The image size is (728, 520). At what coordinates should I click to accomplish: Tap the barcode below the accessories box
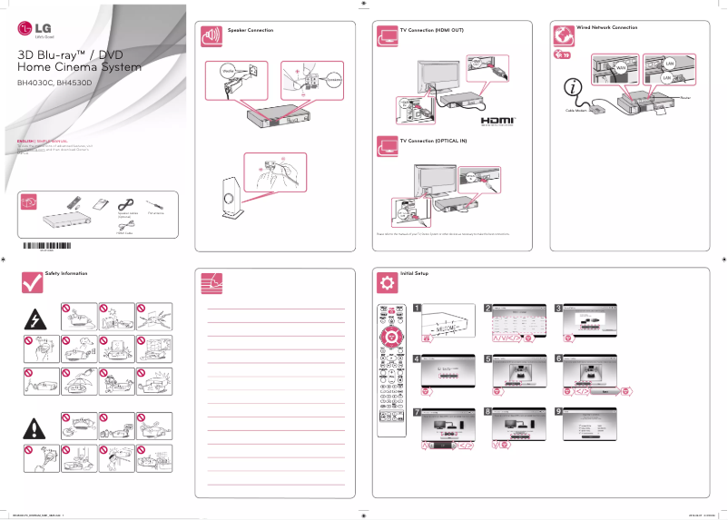click(x=46, y=246)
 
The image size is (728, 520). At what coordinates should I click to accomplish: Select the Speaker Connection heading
click(x=250, y=30)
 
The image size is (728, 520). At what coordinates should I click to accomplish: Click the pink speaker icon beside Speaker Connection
click(x=211, y=36)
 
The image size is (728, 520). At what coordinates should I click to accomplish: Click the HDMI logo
click(x=498, y=120)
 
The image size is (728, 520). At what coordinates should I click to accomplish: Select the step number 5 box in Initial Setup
click(x=488, y=358)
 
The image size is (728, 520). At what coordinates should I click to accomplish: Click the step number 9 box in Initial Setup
click(x=559, y=411)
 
